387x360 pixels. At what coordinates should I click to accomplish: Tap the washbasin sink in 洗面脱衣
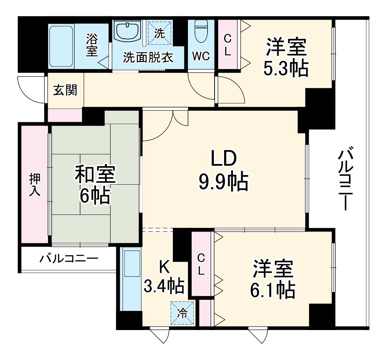coord(127,31)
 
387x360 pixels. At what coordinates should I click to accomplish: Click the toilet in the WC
coord(201,33)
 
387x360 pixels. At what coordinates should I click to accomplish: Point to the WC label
coord(201,56)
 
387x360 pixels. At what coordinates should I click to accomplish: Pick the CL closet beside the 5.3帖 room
coord(228,45)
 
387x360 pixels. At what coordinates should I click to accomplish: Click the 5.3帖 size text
coord(285,68)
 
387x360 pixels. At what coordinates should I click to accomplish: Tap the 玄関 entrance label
coord(65,90)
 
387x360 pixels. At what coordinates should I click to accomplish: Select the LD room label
coord(223,160)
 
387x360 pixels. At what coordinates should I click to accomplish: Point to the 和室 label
coord(95,174)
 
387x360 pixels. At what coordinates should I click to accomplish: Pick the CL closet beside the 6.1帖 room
coord(201,264)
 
